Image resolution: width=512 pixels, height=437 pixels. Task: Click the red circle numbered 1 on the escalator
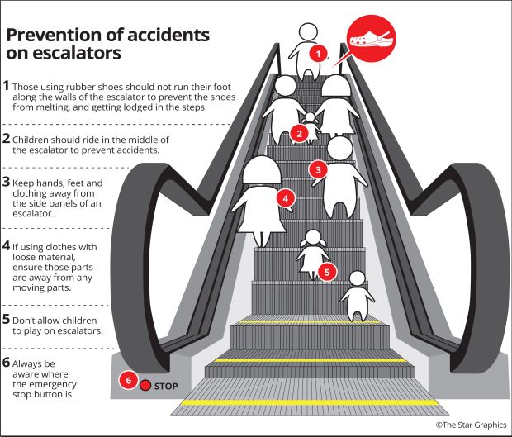(x=319, y=53)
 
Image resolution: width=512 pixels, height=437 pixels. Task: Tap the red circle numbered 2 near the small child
(x=299, y=134)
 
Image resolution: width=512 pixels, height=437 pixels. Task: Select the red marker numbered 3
(x=319, y=169)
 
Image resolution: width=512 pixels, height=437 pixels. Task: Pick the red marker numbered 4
(x=286, y=198)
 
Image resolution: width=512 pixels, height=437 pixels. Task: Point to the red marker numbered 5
(x=327, y=272)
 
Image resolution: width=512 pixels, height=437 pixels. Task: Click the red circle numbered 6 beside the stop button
(x=128, y=380)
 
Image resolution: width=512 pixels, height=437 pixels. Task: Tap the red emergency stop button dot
(x=145, y=386)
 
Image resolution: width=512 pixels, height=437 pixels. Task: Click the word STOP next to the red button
(x=166, y=387)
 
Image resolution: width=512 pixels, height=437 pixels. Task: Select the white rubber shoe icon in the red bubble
(x=371, y=40)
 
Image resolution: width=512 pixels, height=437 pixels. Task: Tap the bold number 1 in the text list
(x=6, y=86)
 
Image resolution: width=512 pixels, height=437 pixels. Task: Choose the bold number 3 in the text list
(x=6, y=182)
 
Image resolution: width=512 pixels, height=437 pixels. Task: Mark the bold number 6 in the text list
(x=6, y=363)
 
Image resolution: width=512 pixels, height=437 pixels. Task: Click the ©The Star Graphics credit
(x=472, y=425)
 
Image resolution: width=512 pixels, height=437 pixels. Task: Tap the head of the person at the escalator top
(x=308, y=32)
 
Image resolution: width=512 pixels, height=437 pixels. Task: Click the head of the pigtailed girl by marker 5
(x=313, y=237)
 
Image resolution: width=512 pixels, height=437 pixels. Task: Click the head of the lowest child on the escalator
(x=358, y=278)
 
